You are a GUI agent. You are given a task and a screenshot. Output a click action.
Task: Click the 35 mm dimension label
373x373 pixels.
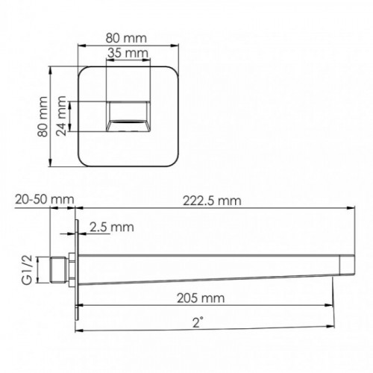(128, 53)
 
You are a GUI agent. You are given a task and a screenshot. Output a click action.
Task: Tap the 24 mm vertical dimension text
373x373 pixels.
(61, 116)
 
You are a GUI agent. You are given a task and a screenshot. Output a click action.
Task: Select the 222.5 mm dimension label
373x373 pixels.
(212, 201)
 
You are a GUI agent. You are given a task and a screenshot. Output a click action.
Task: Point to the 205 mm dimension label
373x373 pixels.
(201, 298)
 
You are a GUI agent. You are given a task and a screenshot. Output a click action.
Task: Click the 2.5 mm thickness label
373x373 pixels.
(112, 227)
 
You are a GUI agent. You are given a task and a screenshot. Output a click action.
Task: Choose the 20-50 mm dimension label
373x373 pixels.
(45, 199)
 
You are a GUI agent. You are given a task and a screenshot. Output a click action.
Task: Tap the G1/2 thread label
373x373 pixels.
(28, 270)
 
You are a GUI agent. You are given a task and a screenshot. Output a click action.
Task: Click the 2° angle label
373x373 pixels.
(198, 322)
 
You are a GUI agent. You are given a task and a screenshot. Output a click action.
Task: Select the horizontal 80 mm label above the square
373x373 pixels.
(126, 38)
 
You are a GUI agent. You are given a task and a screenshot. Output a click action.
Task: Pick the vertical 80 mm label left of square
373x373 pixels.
(43, 116)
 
